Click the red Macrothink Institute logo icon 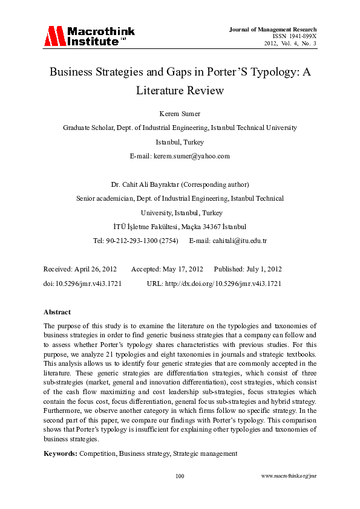pyautogui.click(x=54, y=37)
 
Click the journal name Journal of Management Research pyautogui.click(x=273, y=29)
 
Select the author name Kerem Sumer pyautogui.click(x=180, y=113)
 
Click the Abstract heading pyautogui.click(x=57, y=312)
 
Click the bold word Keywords pyautogui.click(x=60, y=453)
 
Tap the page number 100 pyautogui.click(x=180, y=476)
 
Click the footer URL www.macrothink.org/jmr pyautogui.click(x=289, y=476)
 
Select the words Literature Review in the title pyautogui.click(x=180, y=91)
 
